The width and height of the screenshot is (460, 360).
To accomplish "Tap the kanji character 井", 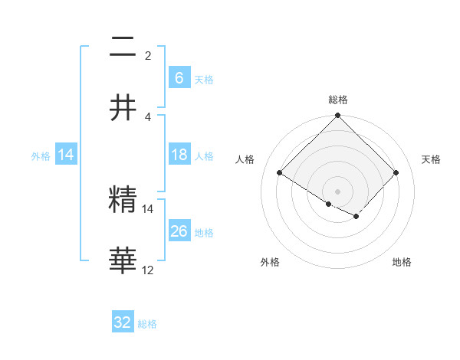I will (x=123, y=108).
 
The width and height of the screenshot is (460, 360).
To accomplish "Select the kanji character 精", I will (x=123, y=199).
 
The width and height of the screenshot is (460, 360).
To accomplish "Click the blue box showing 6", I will (x=179, y=78).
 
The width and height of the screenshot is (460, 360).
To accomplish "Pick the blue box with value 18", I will (x=179, y=155).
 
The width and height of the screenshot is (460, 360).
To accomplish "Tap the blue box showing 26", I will (x=179, y=231).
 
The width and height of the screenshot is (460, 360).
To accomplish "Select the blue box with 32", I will (x=123, y=322).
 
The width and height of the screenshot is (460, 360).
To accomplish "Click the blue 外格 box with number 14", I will (x=66, y=155).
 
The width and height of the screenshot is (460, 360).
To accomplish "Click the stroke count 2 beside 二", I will (x=148, y=56).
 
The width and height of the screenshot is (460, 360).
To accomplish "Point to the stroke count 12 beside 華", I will (x=148, y=270).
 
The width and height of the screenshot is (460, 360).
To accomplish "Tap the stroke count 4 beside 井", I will (x=148, y=117).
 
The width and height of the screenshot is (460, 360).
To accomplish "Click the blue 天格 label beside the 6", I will (x=203, y=79).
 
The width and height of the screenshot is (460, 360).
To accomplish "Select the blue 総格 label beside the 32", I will (x=147, y=324).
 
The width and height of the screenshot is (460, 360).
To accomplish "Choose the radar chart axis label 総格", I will (x=338, y=100).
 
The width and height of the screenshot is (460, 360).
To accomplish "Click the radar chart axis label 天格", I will (x=431, y=159).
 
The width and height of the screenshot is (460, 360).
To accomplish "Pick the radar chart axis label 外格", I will (x=270, y=262).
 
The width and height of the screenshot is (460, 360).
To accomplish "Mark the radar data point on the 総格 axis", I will (x=338, y=116).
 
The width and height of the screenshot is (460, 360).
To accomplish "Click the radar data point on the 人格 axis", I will (x=280, y=173).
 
